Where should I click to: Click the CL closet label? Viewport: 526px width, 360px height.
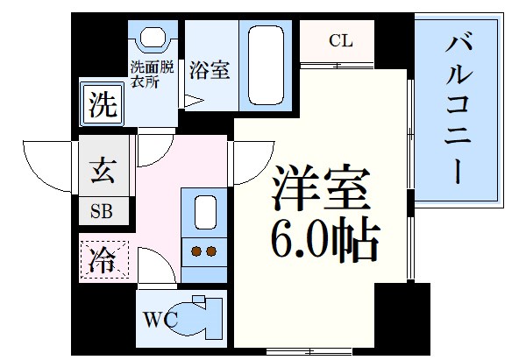341,40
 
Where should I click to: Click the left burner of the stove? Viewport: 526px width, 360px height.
195,252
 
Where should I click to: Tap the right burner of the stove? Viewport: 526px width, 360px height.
211,252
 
